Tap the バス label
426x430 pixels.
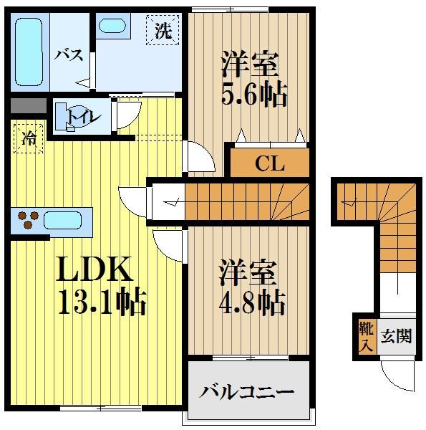[69, 55]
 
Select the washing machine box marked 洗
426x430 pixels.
[164, 31]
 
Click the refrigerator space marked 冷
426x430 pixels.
[28, 138]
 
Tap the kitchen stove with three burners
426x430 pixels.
[27, 219]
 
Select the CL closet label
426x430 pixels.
[270, 164]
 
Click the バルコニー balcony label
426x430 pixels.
[247, 392]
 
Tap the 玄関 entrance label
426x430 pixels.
[396, 335]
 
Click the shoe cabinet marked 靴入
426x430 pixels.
[364, 336]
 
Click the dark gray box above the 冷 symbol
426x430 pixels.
[28, 107]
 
